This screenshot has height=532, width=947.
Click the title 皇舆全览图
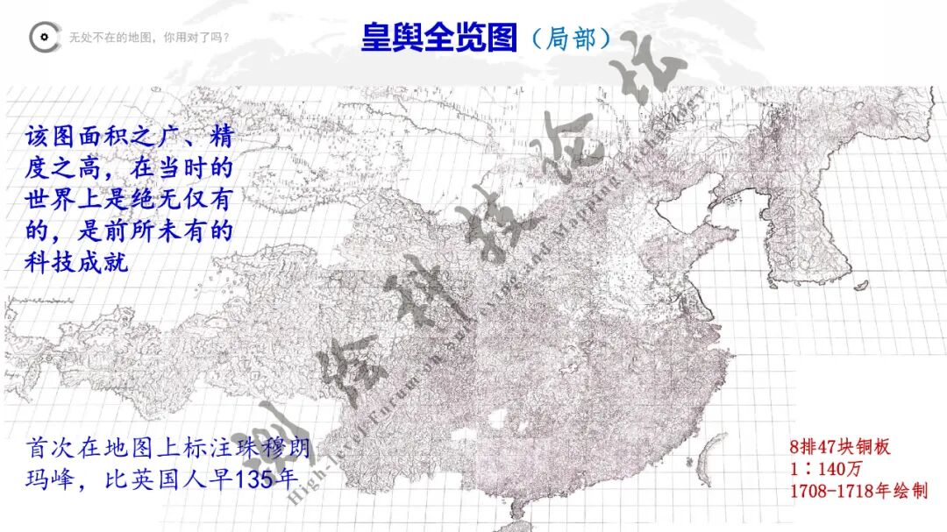click(x=438, y=37)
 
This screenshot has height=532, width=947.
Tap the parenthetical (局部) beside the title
click(x=572, y=39)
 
